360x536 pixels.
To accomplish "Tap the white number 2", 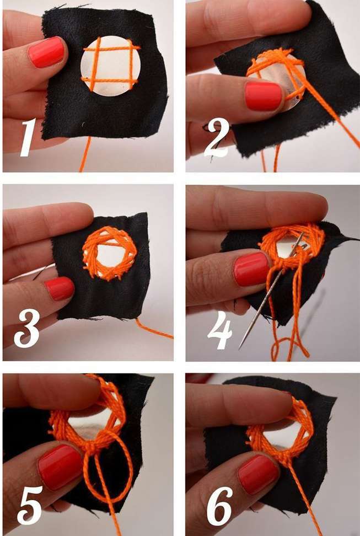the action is tap(216, 137).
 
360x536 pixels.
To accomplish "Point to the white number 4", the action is tap(219, 330).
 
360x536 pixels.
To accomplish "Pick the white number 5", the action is tap(30, 505).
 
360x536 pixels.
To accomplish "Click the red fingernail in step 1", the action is tap(46, 52).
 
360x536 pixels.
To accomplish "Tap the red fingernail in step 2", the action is tap(264, 96).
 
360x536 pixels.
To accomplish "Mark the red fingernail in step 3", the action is tap(60, 289).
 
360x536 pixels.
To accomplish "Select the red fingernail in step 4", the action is tap(252, 269).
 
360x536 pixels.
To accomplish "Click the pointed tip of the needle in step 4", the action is tap(240, 349).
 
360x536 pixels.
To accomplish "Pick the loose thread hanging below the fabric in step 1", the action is tap(85, 154).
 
